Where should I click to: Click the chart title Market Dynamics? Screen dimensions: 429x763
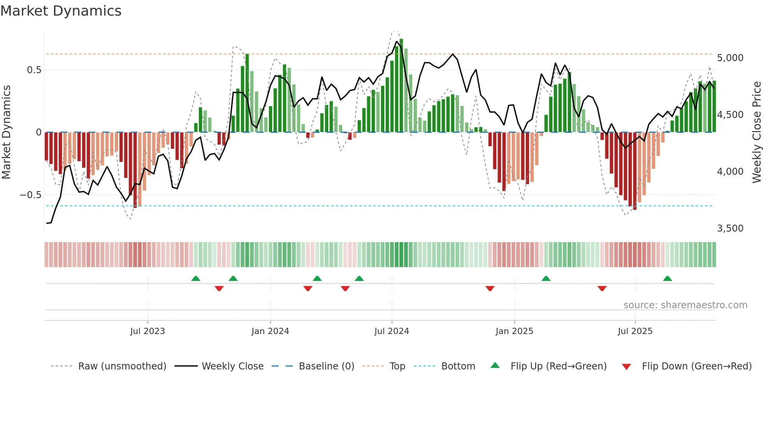click(x=61, y=11)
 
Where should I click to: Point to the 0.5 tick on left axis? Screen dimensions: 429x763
click(x=34, y=70)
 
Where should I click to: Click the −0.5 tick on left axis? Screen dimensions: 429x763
click(x=31, y=195)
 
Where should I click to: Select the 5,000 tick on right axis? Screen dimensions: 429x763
click(x=730, y=58)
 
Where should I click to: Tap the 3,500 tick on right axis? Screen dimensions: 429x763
click(x=730, y=229)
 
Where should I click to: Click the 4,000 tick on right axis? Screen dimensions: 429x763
click(x=730, y=172)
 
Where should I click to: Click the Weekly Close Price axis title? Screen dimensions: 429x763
click(x=756, y=132)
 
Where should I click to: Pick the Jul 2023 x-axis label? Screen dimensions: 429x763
click(x=148, y=331)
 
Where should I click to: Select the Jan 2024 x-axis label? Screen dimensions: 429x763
click(x=270, y=331)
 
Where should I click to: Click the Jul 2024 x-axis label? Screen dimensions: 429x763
click(x=392, y=331)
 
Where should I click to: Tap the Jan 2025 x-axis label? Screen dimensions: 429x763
click(x=514, y=331)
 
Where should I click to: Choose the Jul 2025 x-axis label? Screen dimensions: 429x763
click(x=635, y=331)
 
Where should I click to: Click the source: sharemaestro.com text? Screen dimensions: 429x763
click(x=685, y=305)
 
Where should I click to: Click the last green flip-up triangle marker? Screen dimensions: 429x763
click(x=667, y=279)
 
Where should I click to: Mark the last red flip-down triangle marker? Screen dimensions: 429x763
click(x=602, y=288)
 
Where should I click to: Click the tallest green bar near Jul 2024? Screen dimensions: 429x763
click(x=401, y=86)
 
